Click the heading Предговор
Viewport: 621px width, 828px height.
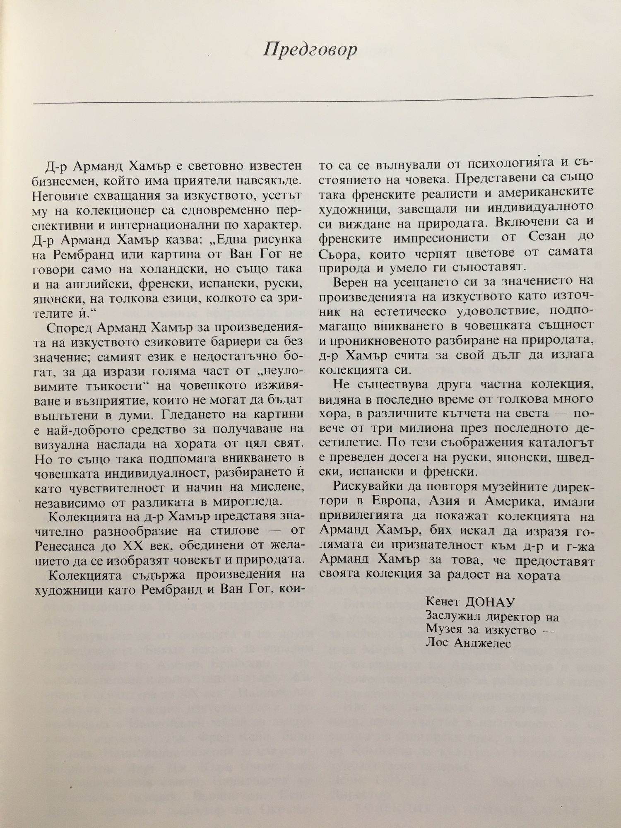pyautogui.click(x=310, y=50)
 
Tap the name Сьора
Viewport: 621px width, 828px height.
pyautogui.click(x=336, y=251)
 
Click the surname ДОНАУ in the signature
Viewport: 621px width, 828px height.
pyautogui.click(x=489, y=601)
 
